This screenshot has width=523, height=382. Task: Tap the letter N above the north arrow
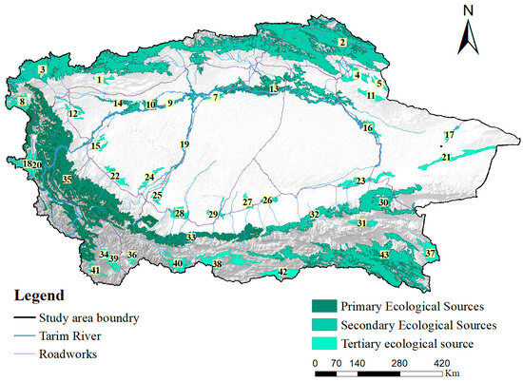(x=468, y=10)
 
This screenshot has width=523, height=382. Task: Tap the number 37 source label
(x=431, y=254)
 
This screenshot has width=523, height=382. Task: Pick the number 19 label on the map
(x=184, y=144)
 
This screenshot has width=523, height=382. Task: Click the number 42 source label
(x=281, y=273)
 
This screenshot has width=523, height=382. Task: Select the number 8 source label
(x=21, y=102)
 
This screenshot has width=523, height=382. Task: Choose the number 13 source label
(x=274, y=88)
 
